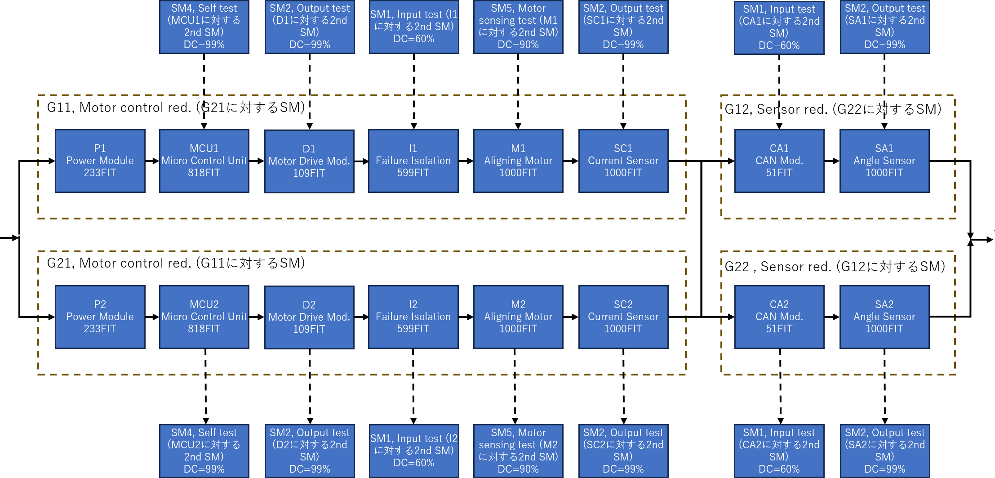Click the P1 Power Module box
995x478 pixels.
[100, 161]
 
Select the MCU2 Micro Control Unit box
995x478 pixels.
[204, 317]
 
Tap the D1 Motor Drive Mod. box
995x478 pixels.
[309, 161]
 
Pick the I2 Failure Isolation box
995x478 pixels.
[413, 317]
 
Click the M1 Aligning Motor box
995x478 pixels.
[518, 161]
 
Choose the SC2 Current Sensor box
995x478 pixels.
[623, 317]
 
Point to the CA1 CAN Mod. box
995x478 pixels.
[779, 161]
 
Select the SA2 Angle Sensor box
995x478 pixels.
[884, 317]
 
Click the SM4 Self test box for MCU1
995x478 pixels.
[204, 27]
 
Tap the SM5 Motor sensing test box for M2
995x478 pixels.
[518, 451]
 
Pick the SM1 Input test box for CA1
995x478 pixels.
[779, 27]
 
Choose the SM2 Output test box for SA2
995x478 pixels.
[884, 451]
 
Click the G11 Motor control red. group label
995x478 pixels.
[176, 107]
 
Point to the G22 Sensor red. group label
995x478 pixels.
[835, 267]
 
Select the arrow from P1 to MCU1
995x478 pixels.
[152, 161]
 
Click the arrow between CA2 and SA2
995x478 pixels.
[832, 317]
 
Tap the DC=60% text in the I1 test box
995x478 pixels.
[413, 39]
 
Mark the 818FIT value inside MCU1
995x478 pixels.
[204, 173]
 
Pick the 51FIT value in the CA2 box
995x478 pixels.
[779, 329]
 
